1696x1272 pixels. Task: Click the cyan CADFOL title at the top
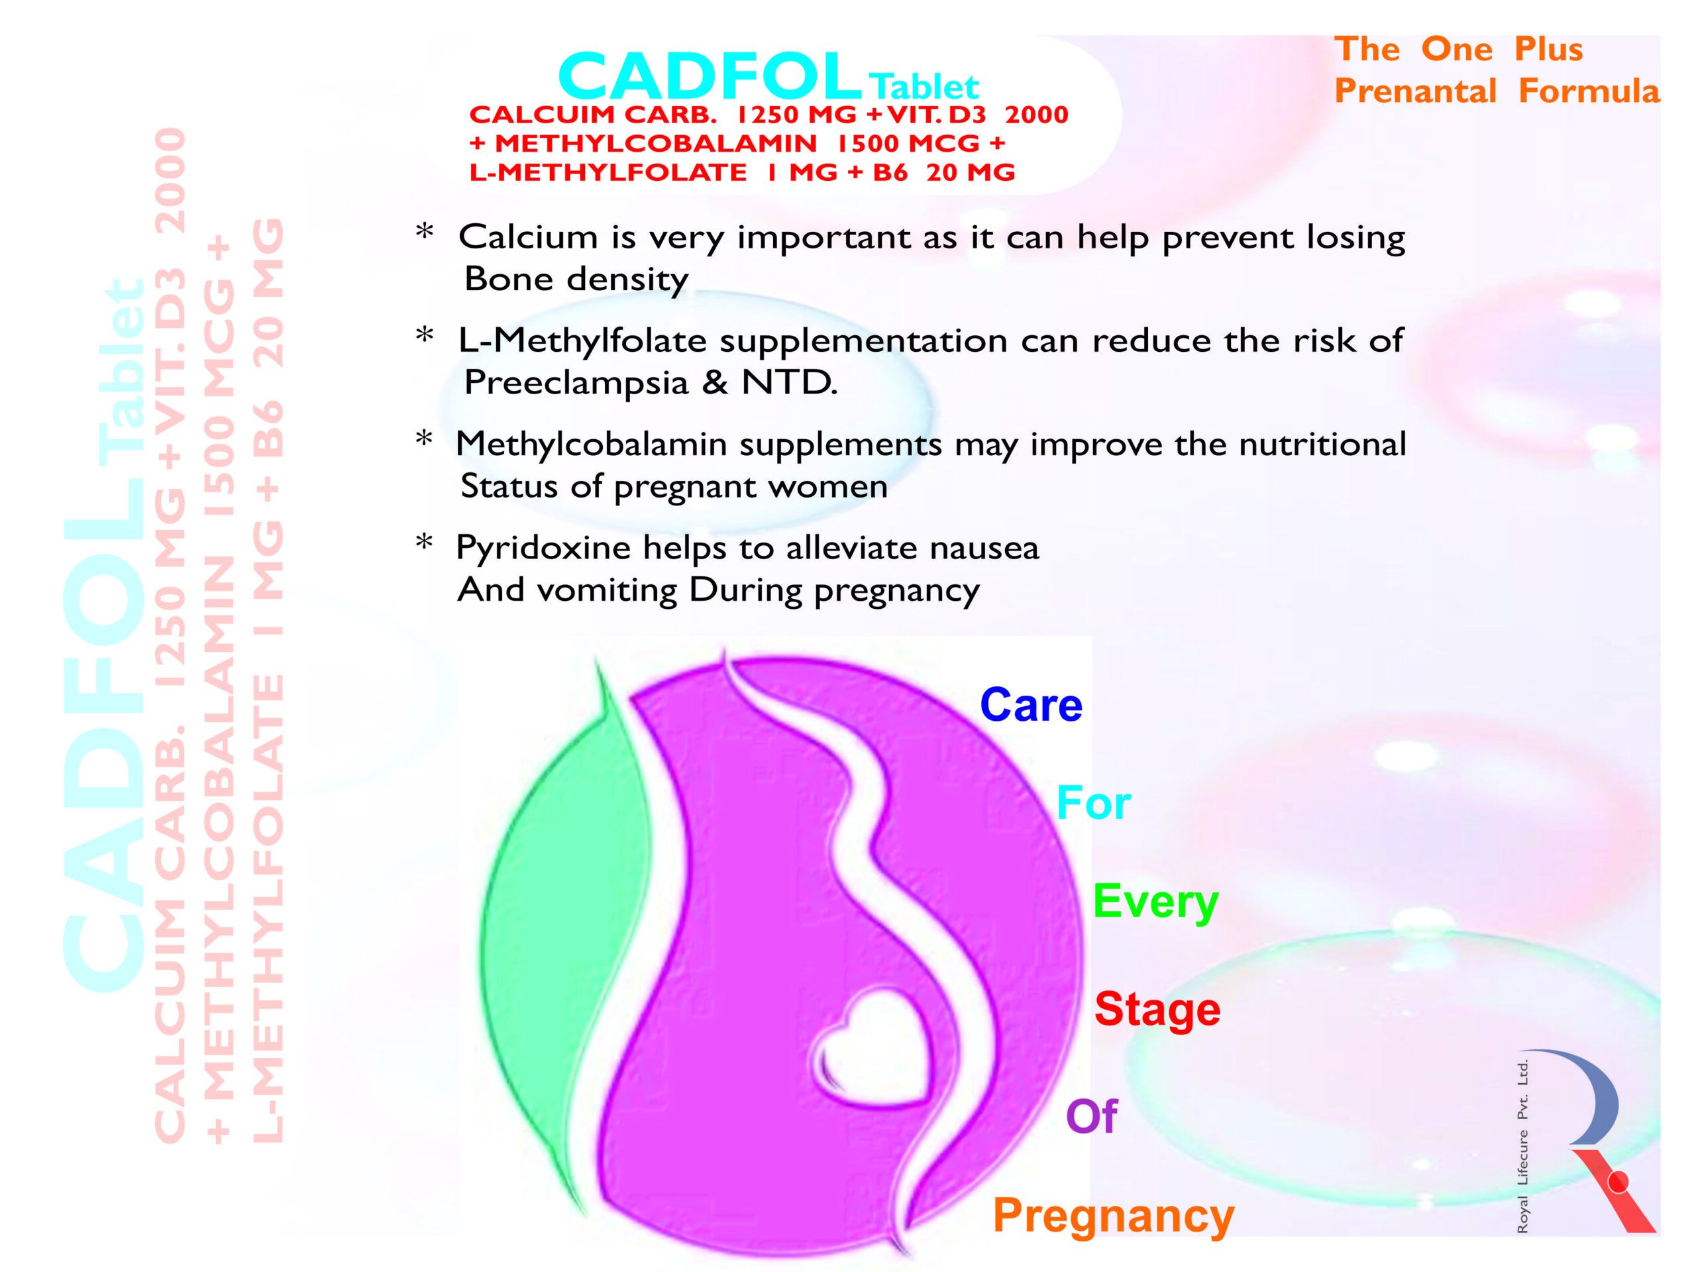click(x=710, y=76)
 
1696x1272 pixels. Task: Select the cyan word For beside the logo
click(x=1093, y=803)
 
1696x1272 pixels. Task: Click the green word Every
click(x=1155, y=902)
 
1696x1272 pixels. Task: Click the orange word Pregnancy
click(x=1113, y=1217)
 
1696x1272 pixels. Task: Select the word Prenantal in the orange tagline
click(x=1415, y=91)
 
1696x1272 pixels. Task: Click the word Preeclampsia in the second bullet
click(x=576, y=383)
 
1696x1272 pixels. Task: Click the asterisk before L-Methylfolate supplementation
click(x=424, y=336)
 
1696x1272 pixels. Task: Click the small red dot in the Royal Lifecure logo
click(x=1618, y=1183)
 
